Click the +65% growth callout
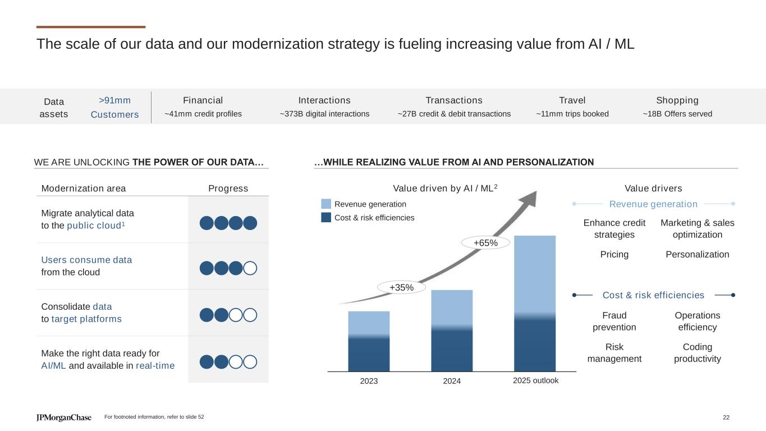point(485,242)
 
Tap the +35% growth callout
point(402,287)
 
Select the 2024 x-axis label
point(452,380)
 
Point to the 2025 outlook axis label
point(535,380)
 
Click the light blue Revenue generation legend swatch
point(326,204)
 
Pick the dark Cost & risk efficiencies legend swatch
point(326,217)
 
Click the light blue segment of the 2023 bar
point(369,323)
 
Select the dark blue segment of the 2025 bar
point(535,345)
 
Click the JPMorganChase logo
point(64,418)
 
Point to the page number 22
point(726,417)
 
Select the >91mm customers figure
point(114,100)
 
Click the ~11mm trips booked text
point(572,114)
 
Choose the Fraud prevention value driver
point(614,321)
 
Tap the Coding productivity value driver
point(697,352)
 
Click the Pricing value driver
point(614,254)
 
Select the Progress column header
point(228,188)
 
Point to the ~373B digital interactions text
point(324,114)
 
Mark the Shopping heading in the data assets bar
point(677,100)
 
